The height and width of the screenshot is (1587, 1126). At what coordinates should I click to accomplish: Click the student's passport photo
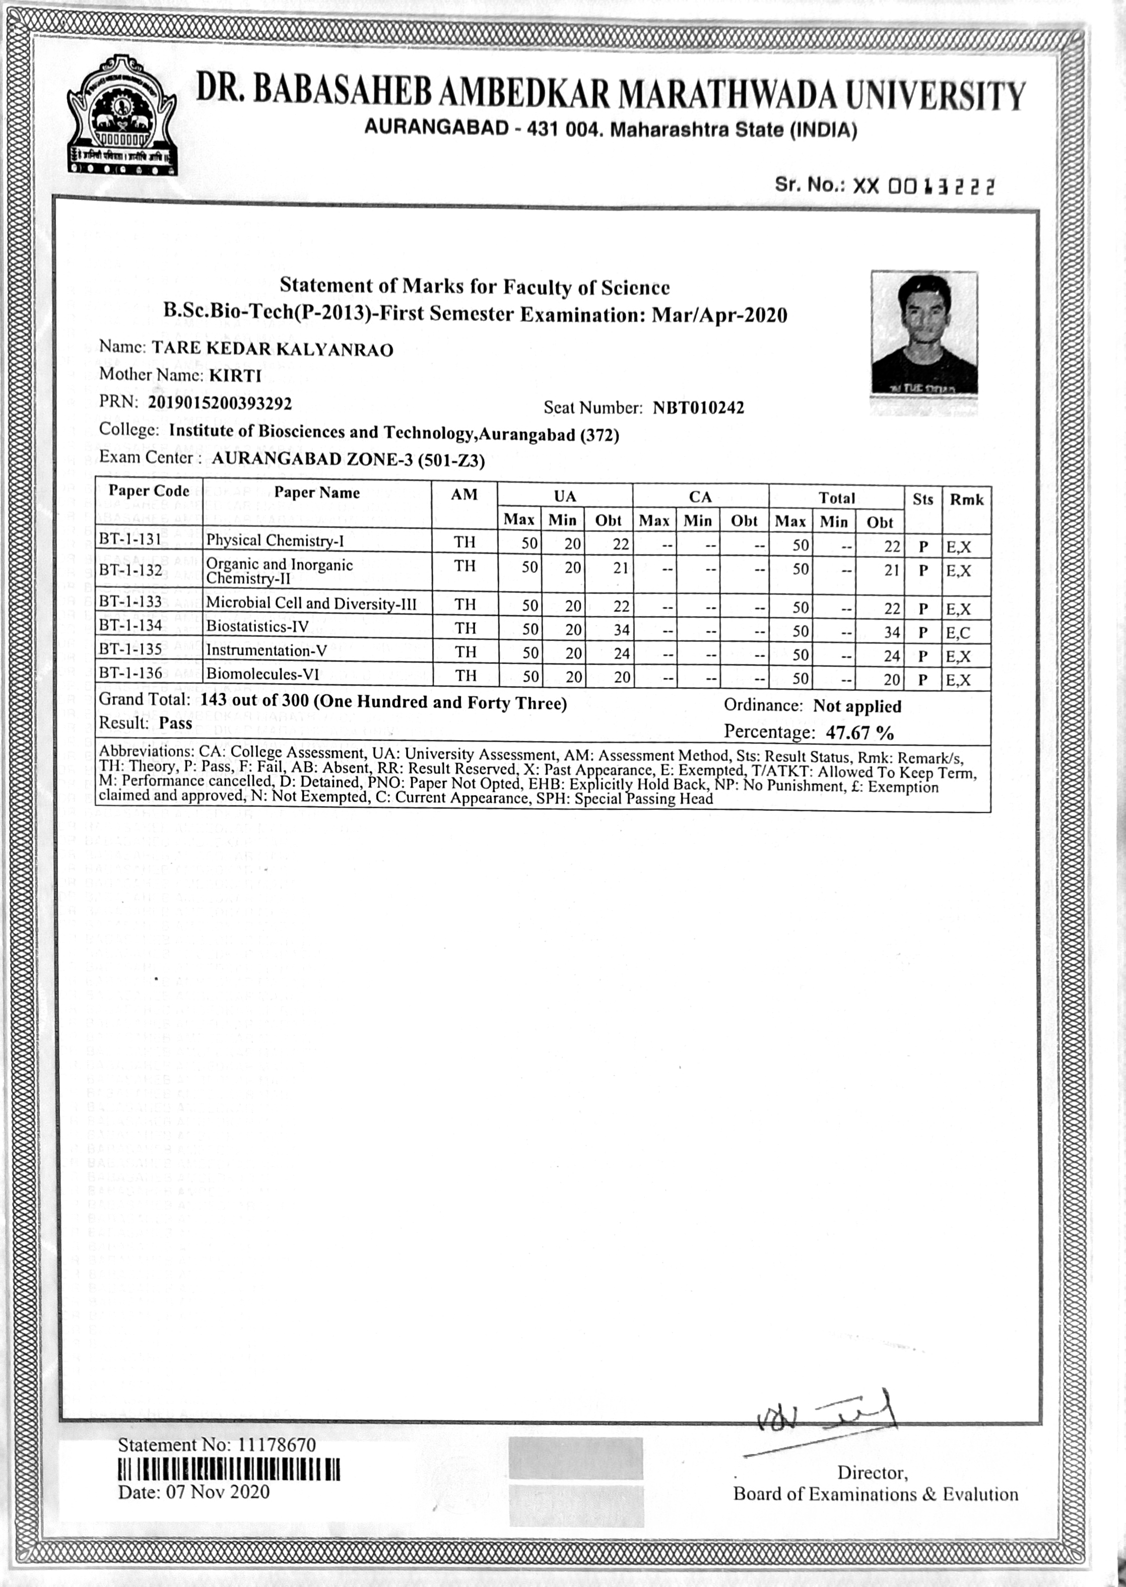(924, 334)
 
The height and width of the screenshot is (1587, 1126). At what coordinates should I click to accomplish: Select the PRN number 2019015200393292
(220, 403)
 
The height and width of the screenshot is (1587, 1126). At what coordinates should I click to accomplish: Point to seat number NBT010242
(698, 408)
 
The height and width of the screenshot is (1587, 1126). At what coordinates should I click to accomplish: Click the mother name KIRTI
(235, 376)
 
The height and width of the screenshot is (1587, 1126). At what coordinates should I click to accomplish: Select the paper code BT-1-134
(131, 625)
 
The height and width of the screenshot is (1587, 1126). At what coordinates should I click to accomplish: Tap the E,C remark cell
(958, 632)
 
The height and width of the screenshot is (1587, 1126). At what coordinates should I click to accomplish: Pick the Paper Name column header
(317, 493)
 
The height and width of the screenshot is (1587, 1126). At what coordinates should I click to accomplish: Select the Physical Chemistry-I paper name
(275, 541)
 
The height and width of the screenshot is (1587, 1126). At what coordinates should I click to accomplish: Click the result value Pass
(175, 723)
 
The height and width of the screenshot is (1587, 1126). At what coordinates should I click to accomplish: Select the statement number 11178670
(277, 1445)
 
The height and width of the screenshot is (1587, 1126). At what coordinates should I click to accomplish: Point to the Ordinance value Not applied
(857, 706)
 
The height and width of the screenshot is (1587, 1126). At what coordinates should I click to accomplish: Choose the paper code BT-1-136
(131, 673)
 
